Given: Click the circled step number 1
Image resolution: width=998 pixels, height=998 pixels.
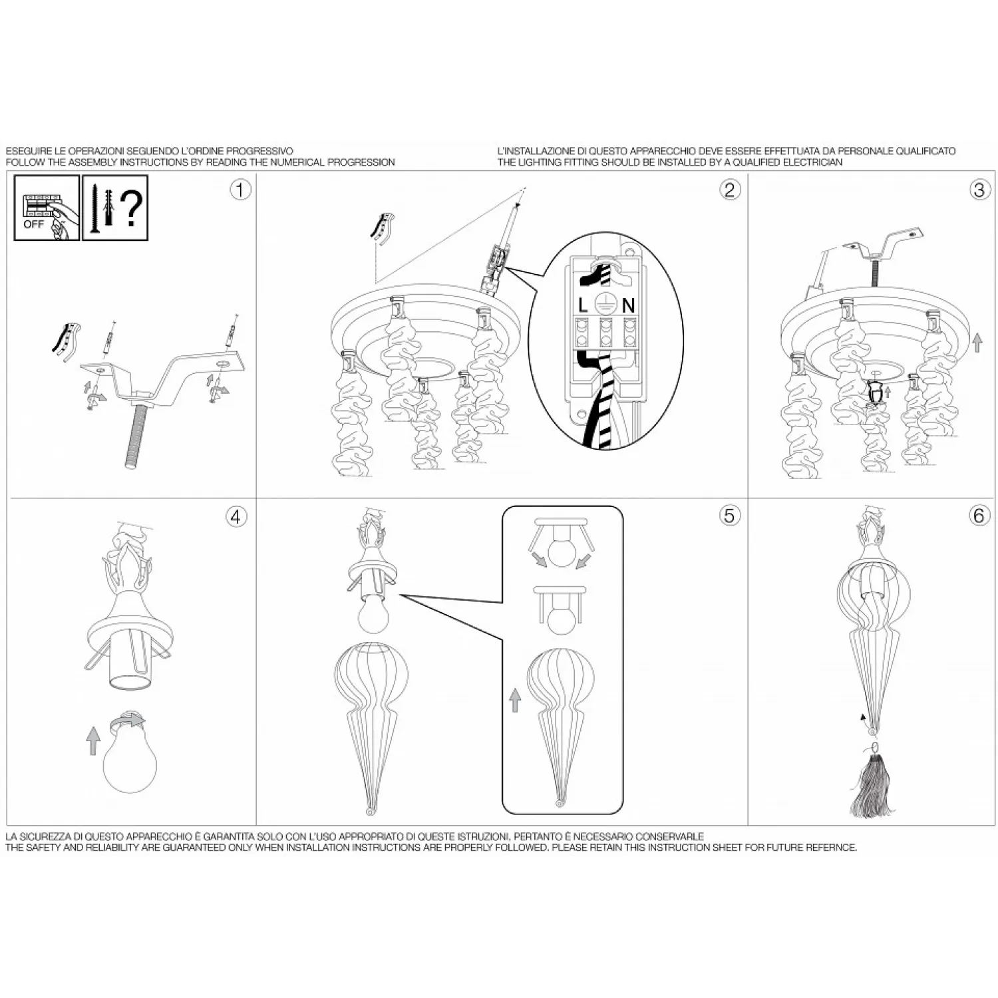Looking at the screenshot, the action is pos(240,190).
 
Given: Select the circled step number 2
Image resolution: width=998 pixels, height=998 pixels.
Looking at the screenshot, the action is pos(729,190).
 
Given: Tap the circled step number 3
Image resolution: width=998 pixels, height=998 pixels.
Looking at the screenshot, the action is pos(978,190).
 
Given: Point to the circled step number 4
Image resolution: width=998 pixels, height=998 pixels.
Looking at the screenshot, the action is pos(236,516).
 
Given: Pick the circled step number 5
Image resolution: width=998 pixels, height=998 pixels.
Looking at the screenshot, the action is pos(729,516).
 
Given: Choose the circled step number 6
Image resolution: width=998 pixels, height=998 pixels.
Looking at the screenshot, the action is pos(978,516).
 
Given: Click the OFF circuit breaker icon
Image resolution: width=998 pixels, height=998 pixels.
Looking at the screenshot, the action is pos(47,208).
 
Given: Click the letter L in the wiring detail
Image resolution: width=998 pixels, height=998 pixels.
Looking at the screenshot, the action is pos(583,305).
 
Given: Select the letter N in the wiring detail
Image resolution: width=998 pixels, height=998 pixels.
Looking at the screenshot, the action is pos(628,305).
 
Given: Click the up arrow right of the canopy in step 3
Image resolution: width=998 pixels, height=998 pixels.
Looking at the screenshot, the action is pos(977,343).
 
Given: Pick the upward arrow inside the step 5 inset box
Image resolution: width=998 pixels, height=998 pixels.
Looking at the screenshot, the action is pos(514,701).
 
